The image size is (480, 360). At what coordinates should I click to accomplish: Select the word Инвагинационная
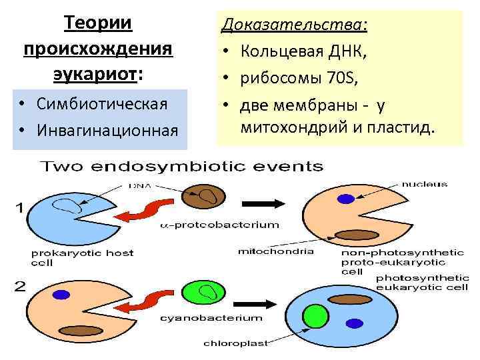point(108,128)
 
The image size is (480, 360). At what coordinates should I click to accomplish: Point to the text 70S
point(343,79)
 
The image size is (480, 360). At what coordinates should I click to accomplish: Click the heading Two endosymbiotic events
point(183,167)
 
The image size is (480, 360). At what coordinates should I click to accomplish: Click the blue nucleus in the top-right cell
point(345,198)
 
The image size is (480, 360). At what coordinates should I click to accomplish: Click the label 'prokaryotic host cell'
point(81,257)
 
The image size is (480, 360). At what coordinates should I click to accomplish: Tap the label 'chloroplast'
point(234,344)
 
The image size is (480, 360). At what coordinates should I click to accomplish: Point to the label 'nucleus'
point(425,184)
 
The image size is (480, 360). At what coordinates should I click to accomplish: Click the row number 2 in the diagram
point(20,287)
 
